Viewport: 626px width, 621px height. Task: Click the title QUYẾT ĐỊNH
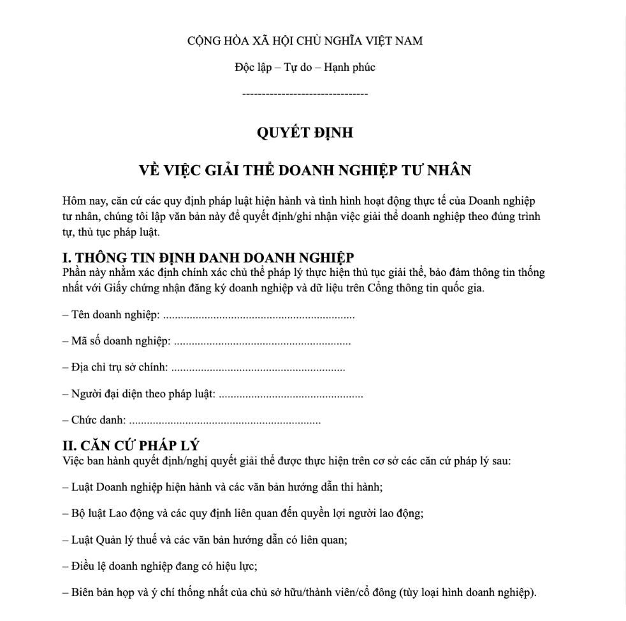pos(305,133)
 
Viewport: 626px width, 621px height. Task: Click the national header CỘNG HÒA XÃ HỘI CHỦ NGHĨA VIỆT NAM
pos(305,41)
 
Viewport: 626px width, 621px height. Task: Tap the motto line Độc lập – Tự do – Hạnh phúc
pos(305,68)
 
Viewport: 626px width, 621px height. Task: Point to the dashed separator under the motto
pos(305,94)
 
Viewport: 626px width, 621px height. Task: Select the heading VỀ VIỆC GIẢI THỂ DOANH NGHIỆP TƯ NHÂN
pos(305,170)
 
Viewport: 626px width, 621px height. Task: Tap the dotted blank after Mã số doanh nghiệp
pos(262,342)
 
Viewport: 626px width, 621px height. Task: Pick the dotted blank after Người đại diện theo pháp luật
pos(291,395)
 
